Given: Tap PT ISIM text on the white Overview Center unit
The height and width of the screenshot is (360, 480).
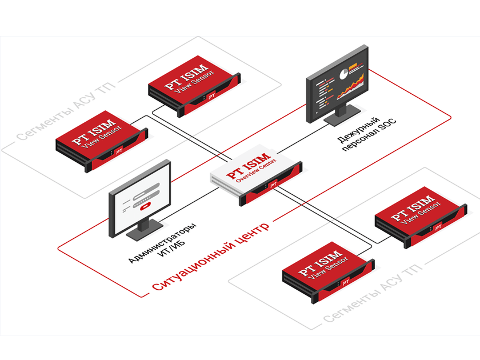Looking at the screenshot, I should click(x=246, y=166).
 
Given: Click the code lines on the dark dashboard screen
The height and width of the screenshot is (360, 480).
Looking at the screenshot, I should click(x=321, y=94).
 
